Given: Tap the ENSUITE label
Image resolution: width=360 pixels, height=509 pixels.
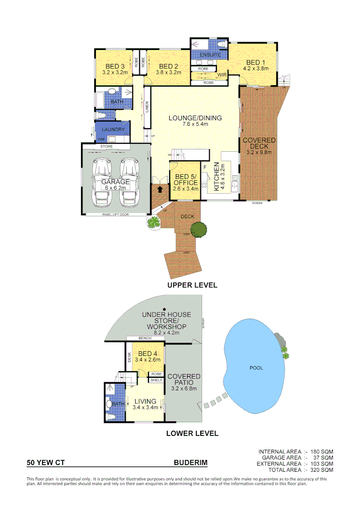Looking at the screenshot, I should pos(210,55).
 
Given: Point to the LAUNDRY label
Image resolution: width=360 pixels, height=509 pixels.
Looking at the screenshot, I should pos(113,130).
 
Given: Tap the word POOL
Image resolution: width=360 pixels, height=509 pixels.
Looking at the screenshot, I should pos(256,368).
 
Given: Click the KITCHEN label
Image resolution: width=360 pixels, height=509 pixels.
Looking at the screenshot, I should pos(216,177).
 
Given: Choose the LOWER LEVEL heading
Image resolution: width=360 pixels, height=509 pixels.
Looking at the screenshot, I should pos(192,433).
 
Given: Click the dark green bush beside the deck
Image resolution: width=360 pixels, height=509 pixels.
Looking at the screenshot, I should pos(199,230).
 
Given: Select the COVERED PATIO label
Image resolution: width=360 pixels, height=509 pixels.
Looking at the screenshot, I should pos(184,379).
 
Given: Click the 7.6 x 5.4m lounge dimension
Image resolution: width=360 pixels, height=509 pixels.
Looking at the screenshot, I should pos(195,125).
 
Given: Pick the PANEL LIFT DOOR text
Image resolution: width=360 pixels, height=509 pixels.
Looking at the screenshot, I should pos(115,214).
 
